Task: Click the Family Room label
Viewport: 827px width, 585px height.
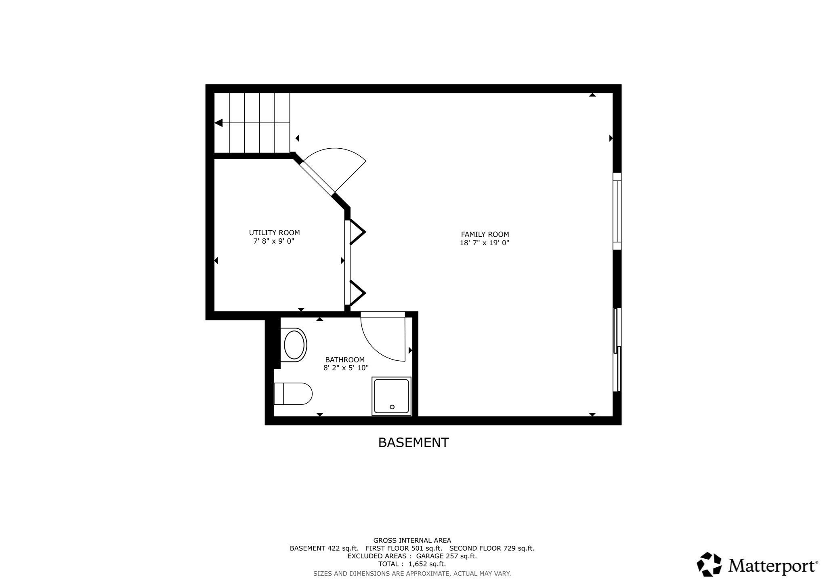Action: tap(485, 234)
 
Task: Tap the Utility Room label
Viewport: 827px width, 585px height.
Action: tap(274, 233)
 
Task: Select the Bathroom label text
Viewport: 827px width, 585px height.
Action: tap(345, 360)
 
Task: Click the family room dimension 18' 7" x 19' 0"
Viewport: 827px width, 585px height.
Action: tap(485, 243)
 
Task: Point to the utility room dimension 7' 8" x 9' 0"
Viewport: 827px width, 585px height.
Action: tap(274, 241)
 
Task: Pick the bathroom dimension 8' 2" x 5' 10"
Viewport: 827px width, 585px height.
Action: tap(346, 368)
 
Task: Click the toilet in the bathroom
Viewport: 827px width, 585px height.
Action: tap(293, 394)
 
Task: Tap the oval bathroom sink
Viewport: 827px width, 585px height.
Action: tap(294, 345)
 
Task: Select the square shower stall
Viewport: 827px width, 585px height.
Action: tap(391, 396)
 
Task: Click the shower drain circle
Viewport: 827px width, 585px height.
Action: tap(392, 407)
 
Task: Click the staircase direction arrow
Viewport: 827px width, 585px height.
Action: tap(219, 123)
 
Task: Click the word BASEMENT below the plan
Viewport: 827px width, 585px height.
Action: tap(413, 443)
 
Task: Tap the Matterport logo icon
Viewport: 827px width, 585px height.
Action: tap(709, 564)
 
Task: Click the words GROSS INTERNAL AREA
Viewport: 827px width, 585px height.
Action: tap(412, 540)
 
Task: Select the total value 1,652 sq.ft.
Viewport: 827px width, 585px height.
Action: tap(427, 564)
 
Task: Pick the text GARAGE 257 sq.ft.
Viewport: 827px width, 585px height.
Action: tap(446, 556)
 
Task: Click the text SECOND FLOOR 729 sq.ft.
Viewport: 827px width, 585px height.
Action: tap(491, 548)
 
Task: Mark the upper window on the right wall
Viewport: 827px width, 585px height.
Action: tap(617, 211)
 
